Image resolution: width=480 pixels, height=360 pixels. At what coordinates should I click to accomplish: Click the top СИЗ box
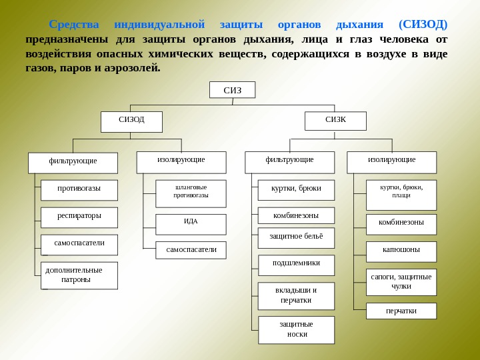point(232,90)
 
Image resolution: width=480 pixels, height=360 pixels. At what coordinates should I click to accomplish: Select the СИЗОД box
point(131,121)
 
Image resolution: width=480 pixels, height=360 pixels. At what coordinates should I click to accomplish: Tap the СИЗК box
point(335,121)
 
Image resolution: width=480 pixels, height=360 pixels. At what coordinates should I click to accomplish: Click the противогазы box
point(79,190)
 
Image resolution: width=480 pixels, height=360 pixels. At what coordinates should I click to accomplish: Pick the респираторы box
point(79,217)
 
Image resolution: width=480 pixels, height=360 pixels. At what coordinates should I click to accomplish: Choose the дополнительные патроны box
point(79,275)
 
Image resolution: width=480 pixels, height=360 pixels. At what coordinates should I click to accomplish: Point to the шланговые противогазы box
point(191,193)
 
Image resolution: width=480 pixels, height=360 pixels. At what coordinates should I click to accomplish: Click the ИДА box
point(191,224)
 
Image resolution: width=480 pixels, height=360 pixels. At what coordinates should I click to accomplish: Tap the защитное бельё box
point(296,237)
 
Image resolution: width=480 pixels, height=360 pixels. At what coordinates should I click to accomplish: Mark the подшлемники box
point(296,265)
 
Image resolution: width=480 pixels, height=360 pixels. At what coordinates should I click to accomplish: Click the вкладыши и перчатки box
point(296,296)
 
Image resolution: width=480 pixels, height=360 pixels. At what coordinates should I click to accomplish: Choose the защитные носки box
point(296,329)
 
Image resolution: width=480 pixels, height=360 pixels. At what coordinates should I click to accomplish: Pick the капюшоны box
point(401,251)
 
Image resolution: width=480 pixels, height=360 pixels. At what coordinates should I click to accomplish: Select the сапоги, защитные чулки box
point(401,282)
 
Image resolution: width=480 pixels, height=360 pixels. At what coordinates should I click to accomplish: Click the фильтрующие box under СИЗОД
point(73,162)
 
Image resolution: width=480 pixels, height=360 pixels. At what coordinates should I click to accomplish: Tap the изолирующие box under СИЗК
point(391,162)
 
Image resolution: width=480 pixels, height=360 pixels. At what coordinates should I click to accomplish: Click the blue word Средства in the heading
point(74,25)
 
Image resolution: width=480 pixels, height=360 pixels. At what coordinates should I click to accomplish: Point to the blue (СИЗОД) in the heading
point(423,25)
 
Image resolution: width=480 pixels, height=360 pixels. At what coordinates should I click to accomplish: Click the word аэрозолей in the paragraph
point(132,67)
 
